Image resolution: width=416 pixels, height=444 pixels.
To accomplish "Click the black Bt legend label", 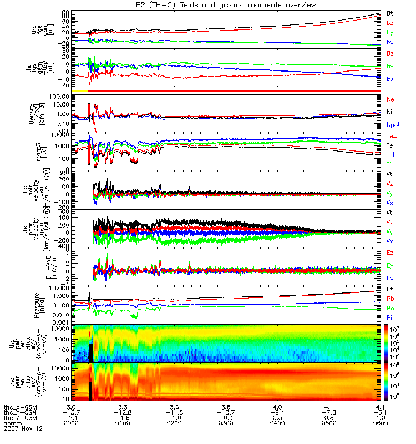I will click(x=390, y=13).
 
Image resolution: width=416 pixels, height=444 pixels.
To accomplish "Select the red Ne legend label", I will click(x=390, y=98).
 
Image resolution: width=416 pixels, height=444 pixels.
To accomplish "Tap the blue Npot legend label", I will click(x=393, y=125).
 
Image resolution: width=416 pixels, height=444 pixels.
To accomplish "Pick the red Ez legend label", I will click(x=390, y=252).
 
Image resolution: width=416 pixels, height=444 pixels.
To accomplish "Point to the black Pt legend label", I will click(x=390, y=290).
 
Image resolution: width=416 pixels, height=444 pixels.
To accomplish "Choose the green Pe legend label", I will click(x=390, y=307).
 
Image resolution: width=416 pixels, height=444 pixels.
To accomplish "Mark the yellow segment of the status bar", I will click(x=80, y=90).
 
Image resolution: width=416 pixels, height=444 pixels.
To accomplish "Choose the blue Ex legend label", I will click(x=390, y=277).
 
